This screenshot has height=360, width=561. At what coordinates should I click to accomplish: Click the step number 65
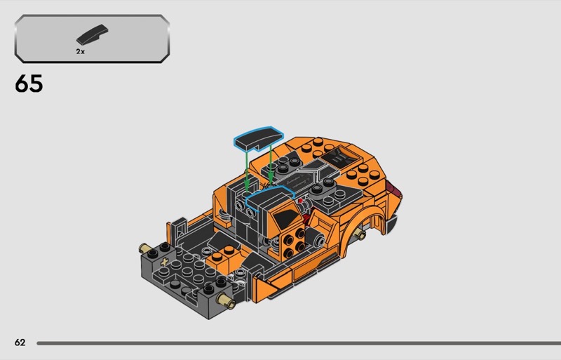[29, 84]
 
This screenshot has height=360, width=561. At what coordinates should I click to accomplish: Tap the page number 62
[20, 342]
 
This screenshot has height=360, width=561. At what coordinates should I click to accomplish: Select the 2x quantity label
[81, 52]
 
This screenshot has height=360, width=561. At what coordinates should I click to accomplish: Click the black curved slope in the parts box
[92, 34]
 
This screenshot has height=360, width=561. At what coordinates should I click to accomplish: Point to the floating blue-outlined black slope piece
[259, 139]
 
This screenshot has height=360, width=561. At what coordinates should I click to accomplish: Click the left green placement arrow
[247, 171]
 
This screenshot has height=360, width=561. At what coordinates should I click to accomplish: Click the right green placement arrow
[271, 164]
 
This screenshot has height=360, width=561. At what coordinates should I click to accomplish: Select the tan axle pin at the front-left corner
[145, 248]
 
